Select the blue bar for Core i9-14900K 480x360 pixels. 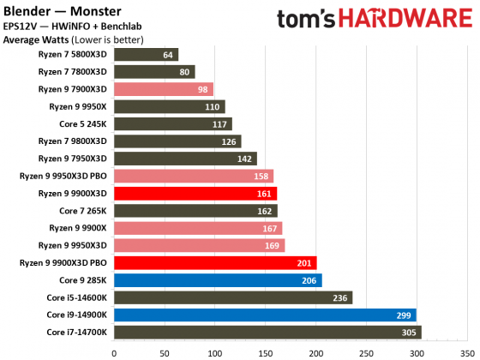click(x=264, y=315)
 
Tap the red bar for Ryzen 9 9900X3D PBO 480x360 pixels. click(x=214, y=262)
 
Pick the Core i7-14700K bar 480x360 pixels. click(x=267, y=332)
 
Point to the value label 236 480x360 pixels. click(x=341, y=297)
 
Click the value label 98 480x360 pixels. click(x=202, y=89)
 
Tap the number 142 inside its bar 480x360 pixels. click(x=246, y=159)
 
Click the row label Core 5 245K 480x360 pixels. click(x=83, y=124)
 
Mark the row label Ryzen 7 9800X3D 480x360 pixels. click(x=73, y=141)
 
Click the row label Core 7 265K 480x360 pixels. click(x=83, y=211)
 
